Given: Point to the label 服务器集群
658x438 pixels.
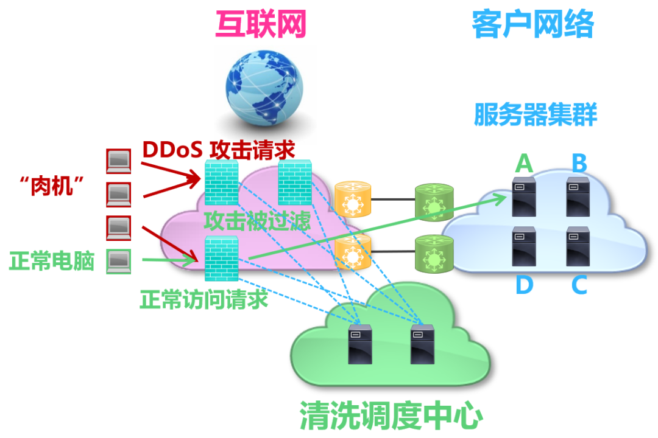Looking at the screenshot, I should [535, 114].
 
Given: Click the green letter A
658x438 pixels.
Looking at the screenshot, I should [524, 163].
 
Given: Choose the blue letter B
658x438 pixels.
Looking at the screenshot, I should [579, 163].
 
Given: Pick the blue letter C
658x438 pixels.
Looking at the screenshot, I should [579, 285].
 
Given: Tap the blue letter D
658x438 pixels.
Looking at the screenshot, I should [524, 285].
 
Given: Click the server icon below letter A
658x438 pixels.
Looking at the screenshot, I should [524, 196].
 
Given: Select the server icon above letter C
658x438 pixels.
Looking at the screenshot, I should [578, 246].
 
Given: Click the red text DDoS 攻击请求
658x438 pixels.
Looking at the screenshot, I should [218, 149].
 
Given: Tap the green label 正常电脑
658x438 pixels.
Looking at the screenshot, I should [52, 262].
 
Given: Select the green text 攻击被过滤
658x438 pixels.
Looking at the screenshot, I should [257, 220].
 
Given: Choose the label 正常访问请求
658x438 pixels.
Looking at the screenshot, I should [203, 299].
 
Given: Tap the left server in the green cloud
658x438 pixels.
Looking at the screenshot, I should [360, 344].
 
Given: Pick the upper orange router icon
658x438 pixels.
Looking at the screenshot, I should [352, 199].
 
